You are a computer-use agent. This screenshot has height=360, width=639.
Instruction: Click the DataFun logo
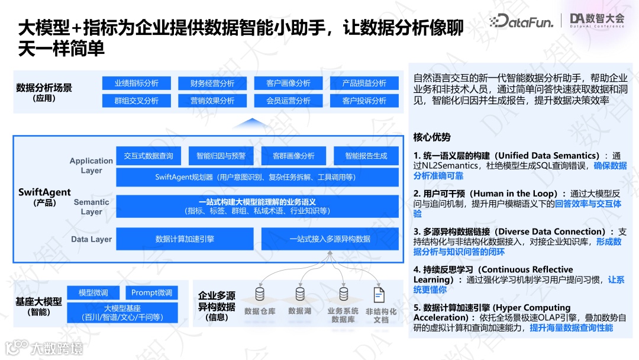click(521, 22)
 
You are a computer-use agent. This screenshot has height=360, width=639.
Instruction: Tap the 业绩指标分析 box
click(137, 83)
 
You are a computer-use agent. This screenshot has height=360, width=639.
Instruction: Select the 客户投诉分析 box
click(364, 101)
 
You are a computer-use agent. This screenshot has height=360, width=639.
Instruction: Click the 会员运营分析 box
click(288, 101)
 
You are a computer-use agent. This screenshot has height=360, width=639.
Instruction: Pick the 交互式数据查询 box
click(149, 156)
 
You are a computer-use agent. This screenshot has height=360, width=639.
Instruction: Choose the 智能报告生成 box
click(366, 156)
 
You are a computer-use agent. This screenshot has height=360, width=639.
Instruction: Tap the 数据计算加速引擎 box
click(185, 239)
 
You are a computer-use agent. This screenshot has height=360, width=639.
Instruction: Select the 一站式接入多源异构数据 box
click(330, 239)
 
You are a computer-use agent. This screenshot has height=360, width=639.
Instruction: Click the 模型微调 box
click(93, 292)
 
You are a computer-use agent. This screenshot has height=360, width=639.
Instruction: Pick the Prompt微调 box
click(151, 292)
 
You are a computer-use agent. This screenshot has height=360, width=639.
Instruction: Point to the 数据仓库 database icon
click(260, 294)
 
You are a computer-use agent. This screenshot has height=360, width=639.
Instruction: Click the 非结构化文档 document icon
click(379, 294)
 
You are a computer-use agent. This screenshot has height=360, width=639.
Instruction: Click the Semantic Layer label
click(91, 207)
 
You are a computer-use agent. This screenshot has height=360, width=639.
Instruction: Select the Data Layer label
click(91, 239)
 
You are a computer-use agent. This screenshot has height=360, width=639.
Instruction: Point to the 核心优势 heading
click(432, 137)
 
